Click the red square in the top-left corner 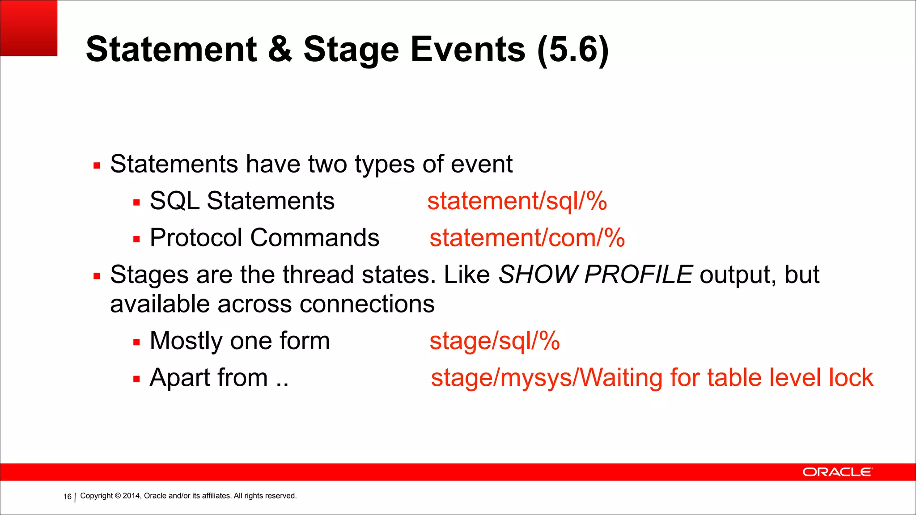[x=29, y=28]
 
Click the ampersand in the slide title [x=280, y=49]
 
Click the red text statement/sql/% [x=517, y=201]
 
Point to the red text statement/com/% [x=527, y=237]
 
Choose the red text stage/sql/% [x=494, y=341]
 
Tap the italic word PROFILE [x=638, y=274]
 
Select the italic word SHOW [x=539, y=274]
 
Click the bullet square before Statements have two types [x=97, y=166]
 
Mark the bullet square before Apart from [x=136, y=380]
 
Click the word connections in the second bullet [x=367, y=304]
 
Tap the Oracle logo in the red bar [x=837, y=472]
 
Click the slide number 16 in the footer [x=67, y=497]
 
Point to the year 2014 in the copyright [x=131, y=496]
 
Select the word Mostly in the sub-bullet [x=186, y=342]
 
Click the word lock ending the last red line [x=851, y=378]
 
